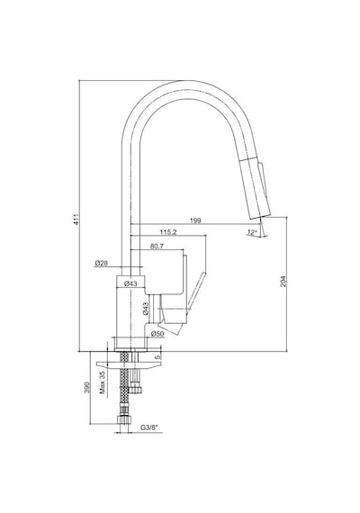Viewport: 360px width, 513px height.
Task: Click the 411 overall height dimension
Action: point(76,220)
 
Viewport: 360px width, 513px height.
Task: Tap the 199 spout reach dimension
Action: point(195,220)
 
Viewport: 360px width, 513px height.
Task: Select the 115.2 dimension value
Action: point(168,232)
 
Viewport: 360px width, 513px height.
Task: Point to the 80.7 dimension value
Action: point(157,247)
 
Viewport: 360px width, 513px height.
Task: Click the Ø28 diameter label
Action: point(102,263)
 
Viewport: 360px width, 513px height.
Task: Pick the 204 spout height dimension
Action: point(283,282)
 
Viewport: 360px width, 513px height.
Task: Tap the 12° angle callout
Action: point(252,232)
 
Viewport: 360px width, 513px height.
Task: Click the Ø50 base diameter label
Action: point(157,334)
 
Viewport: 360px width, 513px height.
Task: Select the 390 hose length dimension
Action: point(87,388)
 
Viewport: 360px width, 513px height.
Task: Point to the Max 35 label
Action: point(103,382)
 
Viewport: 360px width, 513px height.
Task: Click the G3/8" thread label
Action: point(149,427)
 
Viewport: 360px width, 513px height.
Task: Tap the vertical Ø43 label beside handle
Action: point(146,309)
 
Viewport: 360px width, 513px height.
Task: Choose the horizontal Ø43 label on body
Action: point(130,283)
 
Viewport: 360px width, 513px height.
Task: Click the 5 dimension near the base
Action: point(158,357)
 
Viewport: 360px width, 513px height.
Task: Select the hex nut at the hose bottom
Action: point(123,419)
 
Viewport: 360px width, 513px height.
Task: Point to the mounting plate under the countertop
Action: point(129,365)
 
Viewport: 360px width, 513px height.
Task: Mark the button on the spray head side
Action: point(264,179)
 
